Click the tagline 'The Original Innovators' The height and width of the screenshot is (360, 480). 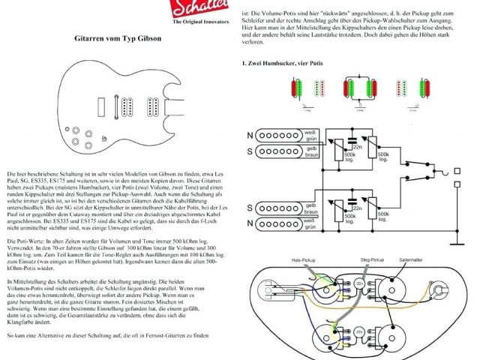[x=199, y=22]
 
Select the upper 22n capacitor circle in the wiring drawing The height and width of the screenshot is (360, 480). [x=360, y=283]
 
